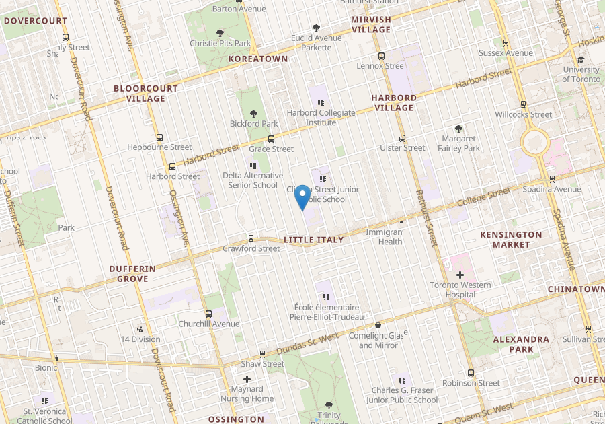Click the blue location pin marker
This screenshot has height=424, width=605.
coord(302,197)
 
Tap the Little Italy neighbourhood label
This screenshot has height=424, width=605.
coord(313,240)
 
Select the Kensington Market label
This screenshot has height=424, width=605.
coord(511,239)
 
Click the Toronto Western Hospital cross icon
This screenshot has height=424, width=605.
coord(460,275)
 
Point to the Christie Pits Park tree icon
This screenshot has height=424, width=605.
coord(220,33)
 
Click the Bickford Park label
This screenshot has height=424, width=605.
coord(254,124)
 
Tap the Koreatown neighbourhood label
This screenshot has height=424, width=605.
coord(258,59)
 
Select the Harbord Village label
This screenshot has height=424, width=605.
coord(394,102)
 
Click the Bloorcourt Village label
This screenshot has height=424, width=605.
coord(146,93)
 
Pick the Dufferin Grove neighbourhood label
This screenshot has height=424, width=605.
coord(132,273)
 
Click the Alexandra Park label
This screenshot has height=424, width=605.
coord(522,344)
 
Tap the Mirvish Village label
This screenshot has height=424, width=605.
coord(370,24)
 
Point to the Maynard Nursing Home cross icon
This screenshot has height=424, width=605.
coord(247,380)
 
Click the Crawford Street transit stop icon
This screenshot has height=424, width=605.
coord(251,238)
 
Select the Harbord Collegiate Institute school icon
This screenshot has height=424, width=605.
coord(321,102)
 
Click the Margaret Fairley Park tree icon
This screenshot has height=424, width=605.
coord(459,129)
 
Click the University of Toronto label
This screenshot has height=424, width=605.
coord(581,74)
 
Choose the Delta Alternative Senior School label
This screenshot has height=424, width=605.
coord(252,180)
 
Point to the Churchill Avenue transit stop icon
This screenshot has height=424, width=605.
coord(208,314)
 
